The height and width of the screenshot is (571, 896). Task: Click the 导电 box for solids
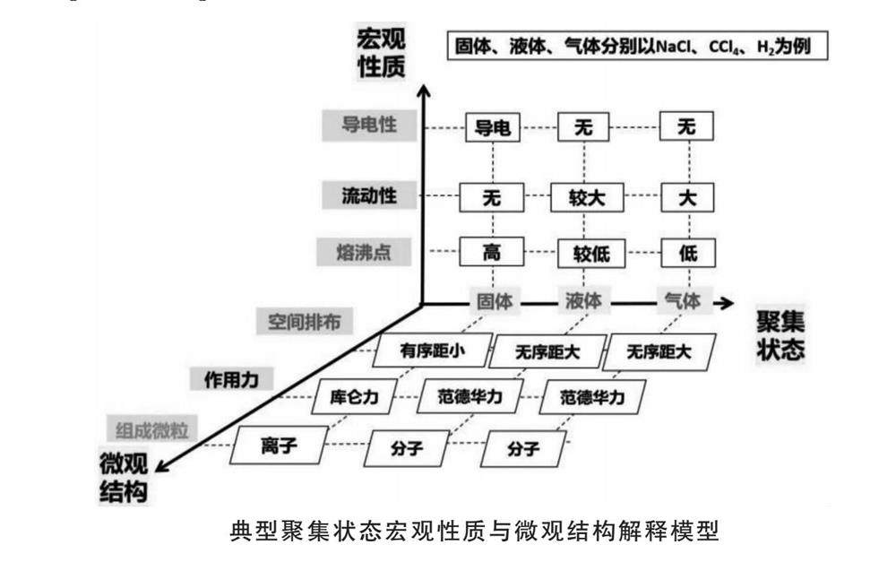pyautogui.click(x=492, y=128)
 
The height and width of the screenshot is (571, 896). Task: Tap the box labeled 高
pyautogui.click(x=492, y=253)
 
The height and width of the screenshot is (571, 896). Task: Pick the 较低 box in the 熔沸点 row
pyautogui.click(x=584, y=254)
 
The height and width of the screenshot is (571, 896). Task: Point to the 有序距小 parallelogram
pyautogui.click(x=434, y=350)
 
